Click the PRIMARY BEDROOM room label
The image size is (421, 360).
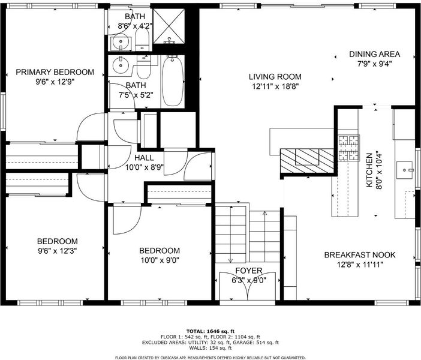click(x=55, y=72)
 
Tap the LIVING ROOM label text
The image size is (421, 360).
click(x=275, y=77)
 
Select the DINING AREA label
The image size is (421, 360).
click(x=375, y=54)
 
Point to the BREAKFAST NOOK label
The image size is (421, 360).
click(x=360, y=255)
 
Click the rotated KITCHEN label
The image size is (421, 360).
click(x=369, y=170)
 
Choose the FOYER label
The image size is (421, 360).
click(x=249, y=271)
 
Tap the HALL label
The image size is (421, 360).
click(x=144, y=158)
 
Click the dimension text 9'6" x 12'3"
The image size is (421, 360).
click(x=58, y=251)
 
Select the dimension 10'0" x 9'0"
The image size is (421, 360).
click(x=160, y=260)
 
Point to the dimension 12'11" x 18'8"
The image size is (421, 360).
click(x=275, y=86)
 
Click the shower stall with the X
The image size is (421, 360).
click(x=169, y=26)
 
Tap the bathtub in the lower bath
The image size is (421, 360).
click(x=173, y=82)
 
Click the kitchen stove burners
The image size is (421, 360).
click(x=349, y=148)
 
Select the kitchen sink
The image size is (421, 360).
click(x=405, y=170)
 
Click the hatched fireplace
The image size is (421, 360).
click(x=307, y=161)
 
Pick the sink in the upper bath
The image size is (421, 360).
click(x=121, y=43)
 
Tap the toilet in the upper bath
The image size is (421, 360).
click(x=142, y=40)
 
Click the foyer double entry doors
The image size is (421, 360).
click(x=248, y=286)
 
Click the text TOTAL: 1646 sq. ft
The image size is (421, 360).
click(x=210, y=332)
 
